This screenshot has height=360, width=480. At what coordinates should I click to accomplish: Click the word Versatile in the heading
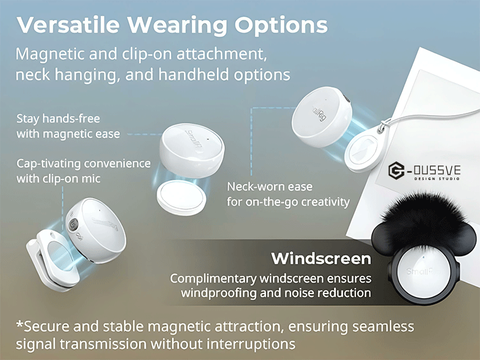pyautogui.click(x=68, y=25)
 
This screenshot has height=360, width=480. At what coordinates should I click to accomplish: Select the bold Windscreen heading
pyautogui.click(x=321, y=259)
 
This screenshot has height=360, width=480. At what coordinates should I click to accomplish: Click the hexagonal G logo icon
pyautogui.click(x=397, y=170)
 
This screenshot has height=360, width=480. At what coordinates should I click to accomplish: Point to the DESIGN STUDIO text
pyautogui.click(x=437, y=178)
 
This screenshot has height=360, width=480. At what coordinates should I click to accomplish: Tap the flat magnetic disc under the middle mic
pyautogui.click(x=181, y=197)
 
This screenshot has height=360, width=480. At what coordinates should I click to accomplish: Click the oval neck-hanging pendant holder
pyautogui.click(x=365, y=151)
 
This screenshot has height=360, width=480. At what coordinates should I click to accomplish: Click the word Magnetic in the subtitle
pyautogui.click(x=50, y=54)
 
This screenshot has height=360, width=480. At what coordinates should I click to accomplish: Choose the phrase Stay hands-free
pyautogui.click(x=58, y=119)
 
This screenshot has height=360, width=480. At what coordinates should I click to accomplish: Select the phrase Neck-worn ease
pyautogui.click(x=269, y=187)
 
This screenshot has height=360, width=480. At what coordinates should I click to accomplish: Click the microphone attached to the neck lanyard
pyautogui.click(x=322, y=117)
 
